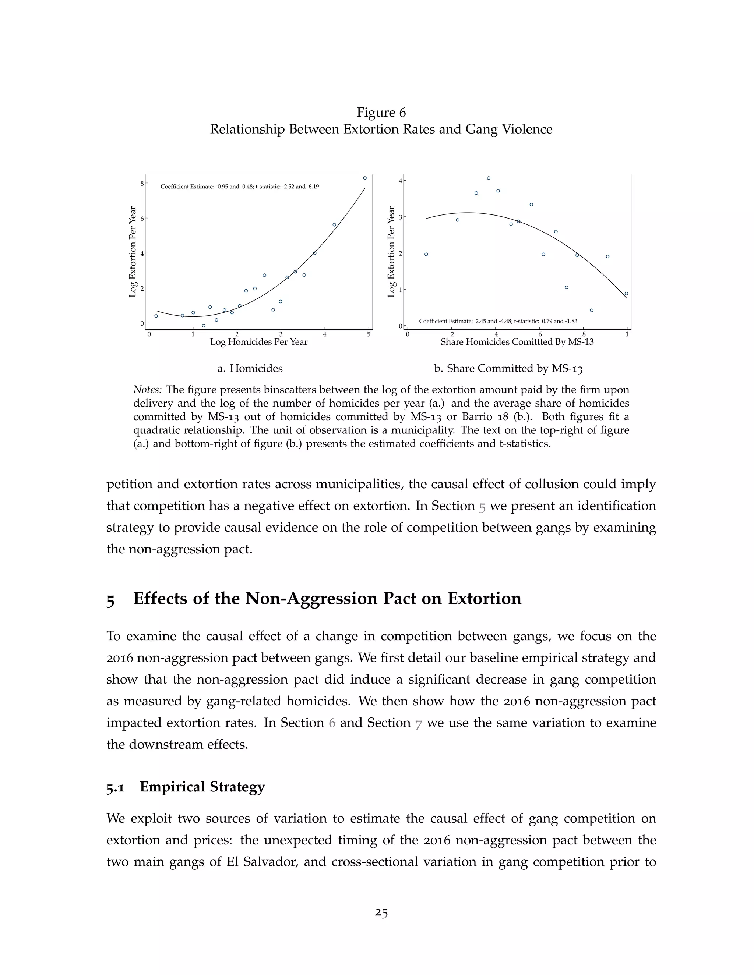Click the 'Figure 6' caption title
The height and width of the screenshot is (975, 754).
(x=381, y=113)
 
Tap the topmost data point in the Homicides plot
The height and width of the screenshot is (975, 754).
(x=364, y=178)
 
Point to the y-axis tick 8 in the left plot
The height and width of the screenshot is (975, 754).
(x=142, y=184)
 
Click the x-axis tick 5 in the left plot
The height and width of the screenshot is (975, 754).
(x=369, y=334)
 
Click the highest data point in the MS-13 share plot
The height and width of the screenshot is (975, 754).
(x=488, y=178)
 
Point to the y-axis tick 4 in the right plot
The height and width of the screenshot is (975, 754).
(x=401, y=181)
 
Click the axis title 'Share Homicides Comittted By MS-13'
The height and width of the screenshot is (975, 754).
(x=517, y=342)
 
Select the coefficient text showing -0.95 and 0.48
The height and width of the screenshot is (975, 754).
(x=239, y=187)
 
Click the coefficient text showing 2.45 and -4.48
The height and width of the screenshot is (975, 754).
(x=498, y=321)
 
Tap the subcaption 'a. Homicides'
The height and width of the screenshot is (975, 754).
(x=250, y=368)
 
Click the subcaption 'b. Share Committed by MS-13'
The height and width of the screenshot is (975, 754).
(x=508, y=368)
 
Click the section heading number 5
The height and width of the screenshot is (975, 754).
(x=110, y=600)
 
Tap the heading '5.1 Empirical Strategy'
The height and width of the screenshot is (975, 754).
(x=186, y=787)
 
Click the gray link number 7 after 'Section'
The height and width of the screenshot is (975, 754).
(x=418, y=723)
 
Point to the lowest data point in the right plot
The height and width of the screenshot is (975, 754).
(x=591, y=310)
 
